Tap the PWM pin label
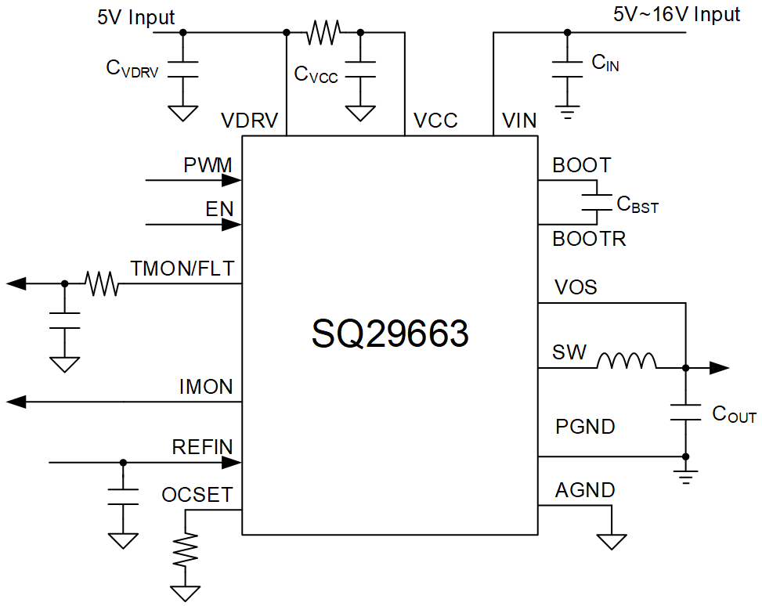[x=208, y=166]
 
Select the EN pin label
[x=219, y=209]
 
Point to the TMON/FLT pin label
[x=182, y=269]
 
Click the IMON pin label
[x=206, y=387]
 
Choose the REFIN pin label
[x=203, y=447]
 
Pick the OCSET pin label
[x=197, y=496]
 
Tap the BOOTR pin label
[x=589, y=240]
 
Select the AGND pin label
[x=585, y=491]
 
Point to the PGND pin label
[x=585, y=427]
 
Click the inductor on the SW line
[x=627, y=362]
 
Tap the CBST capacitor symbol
[x=597, y=203]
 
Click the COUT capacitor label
[x=734, y=415]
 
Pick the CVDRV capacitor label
[x=132, y=70]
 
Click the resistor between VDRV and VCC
[x=323, y=32]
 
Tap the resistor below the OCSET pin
[x=186, y=550]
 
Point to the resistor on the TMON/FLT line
[x=103, y=283]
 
